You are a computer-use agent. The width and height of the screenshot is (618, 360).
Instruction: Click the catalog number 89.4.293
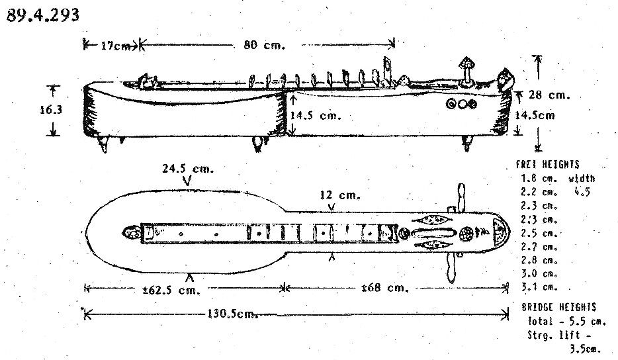point(44,15)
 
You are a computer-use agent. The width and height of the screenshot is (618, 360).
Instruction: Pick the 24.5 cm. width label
point(188,169)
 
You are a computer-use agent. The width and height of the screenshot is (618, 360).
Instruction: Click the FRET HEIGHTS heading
point(547,165)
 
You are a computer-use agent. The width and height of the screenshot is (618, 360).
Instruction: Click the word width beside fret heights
point(581,178)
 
